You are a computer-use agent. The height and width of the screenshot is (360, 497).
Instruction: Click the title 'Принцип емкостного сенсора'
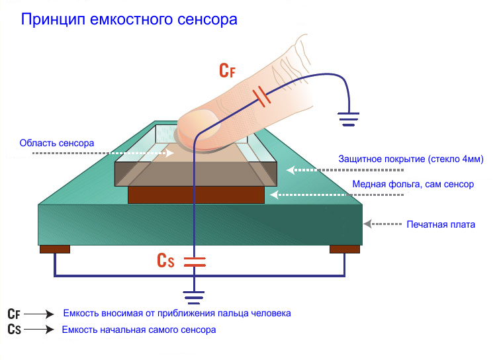pos(129,19)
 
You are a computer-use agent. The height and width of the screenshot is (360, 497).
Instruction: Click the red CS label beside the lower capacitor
pos(165,260)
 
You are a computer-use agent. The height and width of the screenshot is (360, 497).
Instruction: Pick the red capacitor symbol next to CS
pos(195,261)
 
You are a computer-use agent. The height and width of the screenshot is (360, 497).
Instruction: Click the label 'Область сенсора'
pos(56,142)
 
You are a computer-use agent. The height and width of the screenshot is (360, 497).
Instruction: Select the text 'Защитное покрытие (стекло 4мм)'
pos(411,159)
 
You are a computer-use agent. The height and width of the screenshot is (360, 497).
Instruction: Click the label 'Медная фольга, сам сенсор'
pos(412,184)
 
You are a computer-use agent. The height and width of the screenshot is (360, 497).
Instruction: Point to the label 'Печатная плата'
pos(441,224)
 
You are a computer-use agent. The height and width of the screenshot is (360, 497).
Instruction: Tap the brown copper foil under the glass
pos(195,195)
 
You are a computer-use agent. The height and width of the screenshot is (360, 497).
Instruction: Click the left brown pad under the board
pos(54,249)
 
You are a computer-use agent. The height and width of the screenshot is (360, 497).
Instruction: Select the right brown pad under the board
pos(345,249)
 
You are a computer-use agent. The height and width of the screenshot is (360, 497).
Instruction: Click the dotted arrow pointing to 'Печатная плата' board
pos(383,224)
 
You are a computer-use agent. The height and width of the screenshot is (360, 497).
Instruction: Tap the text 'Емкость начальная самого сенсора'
pos(138,329)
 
